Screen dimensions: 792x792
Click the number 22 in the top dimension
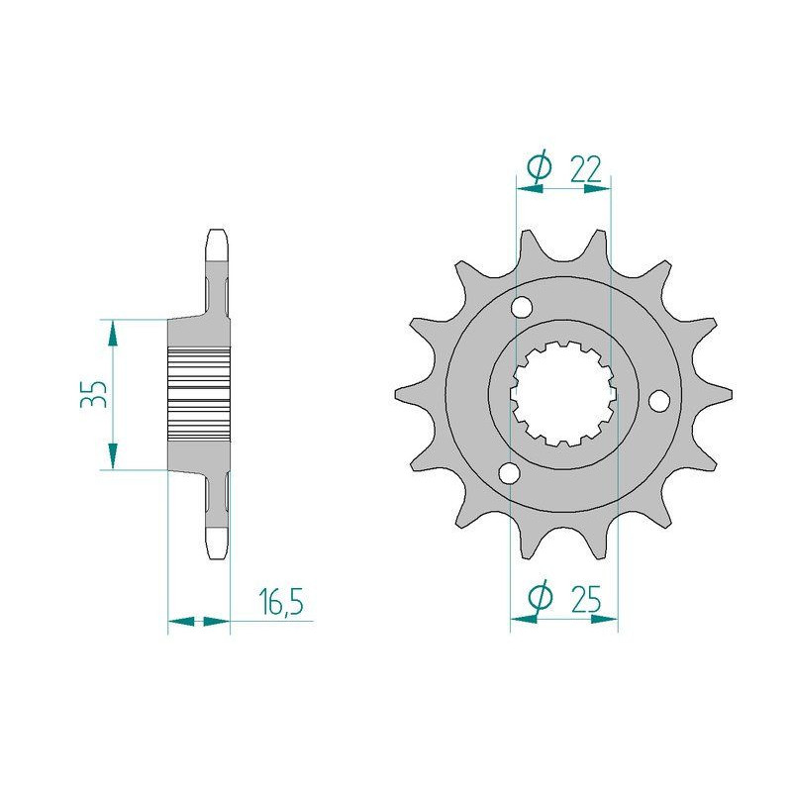(586, 169)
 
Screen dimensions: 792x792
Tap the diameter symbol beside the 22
(540, 169)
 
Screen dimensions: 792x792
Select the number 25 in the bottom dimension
(587, 599)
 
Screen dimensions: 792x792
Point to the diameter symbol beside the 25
(540, 599)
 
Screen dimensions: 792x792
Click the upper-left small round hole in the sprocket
(521, 311)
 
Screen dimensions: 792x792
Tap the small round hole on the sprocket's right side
(658, 401)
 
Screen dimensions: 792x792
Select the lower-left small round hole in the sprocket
(509, 474)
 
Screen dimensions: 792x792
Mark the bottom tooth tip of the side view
(218, 544)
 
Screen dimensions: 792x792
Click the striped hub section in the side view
(200, 394)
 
